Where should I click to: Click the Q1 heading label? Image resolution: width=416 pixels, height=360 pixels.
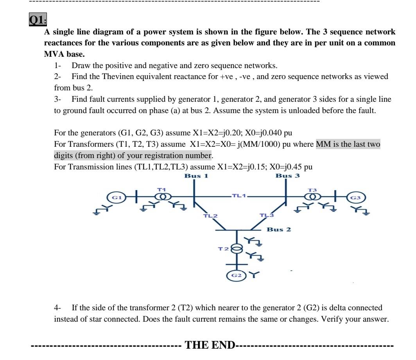coord(38,20)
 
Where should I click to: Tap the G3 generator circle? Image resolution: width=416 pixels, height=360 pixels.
coord(359,197)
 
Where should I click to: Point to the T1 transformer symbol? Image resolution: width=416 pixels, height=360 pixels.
coord(161,197)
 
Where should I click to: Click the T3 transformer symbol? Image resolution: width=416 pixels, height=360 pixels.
coord(312,197)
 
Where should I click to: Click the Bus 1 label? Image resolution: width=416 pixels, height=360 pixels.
coord(196,176)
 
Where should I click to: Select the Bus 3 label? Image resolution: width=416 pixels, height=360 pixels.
coord(287,176)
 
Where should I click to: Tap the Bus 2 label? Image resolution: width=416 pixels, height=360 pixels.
coord(279,229)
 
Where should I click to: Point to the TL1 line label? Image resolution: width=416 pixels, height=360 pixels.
coord(238,195)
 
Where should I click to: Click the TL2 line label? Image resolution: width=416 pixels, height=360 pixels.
coord(210,216)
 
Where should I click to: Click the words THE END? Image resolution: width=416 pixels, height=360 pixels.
coord(210,345)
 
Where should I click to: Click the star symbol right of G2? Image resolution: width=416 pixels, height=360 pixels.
coord(255,275)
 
